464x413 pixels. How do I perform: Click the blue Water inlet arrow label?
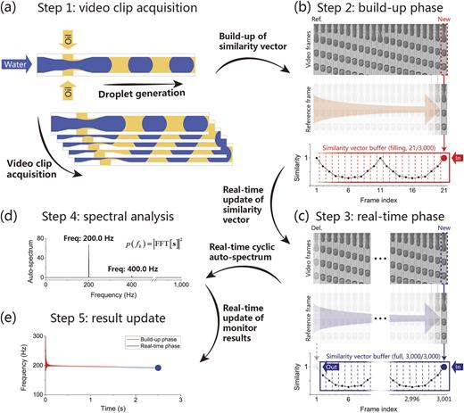pos(16,63)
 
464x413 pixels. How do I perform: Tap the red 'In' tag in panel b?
pos(454,153)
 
